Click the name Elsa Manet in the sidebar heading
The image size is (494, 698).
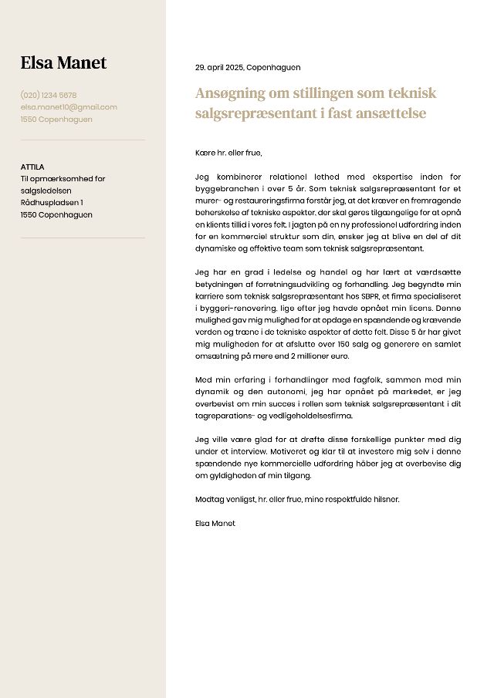[x=63, y=63]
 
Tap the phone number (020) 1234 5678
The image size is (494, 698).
[x=49, y=96]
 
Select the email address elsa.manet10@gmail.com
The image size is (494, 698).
[x=69, y=107]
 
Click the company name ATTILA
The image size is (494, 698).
[x=32, y=167]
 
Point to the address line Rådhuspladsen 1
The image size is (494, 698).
[x=52, y=203]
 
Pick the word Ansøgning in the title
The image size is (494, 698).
[x=228, y=93]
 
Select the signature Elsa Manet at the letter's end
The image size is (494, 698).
[x=215, y=524]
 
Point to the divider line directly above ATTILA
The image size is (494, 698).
[x=83, y=140]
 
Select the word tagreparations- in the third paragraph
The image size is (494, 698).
[x=224, y=416]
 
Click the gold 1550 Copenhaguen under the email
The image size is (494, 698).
[x=56, y=120]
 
